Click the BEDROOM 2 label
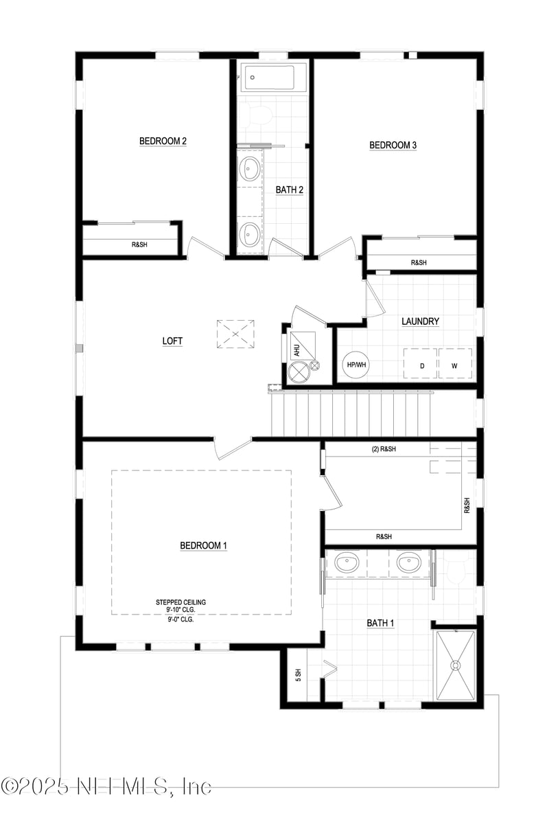[163, 141]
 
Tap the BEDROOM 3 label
[393, 145]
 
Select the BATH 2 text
[290, 190]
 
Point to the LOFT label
[172, 341]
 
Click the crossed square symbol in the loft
[235, 334]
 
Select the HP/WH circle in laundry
[356, 365]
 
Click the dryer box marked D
[423, 365]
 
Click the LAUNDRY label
[420, 321]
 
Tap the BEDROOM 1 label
[203, 545]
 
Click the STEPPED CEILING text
[180, 602]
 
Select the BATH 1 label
[380, 623]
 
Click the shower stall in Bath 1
[455, 664]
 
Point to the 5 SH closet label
[299, 674]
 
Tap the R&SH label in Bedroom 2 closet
[139, 244]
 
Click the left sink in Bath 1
[347, 564]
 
